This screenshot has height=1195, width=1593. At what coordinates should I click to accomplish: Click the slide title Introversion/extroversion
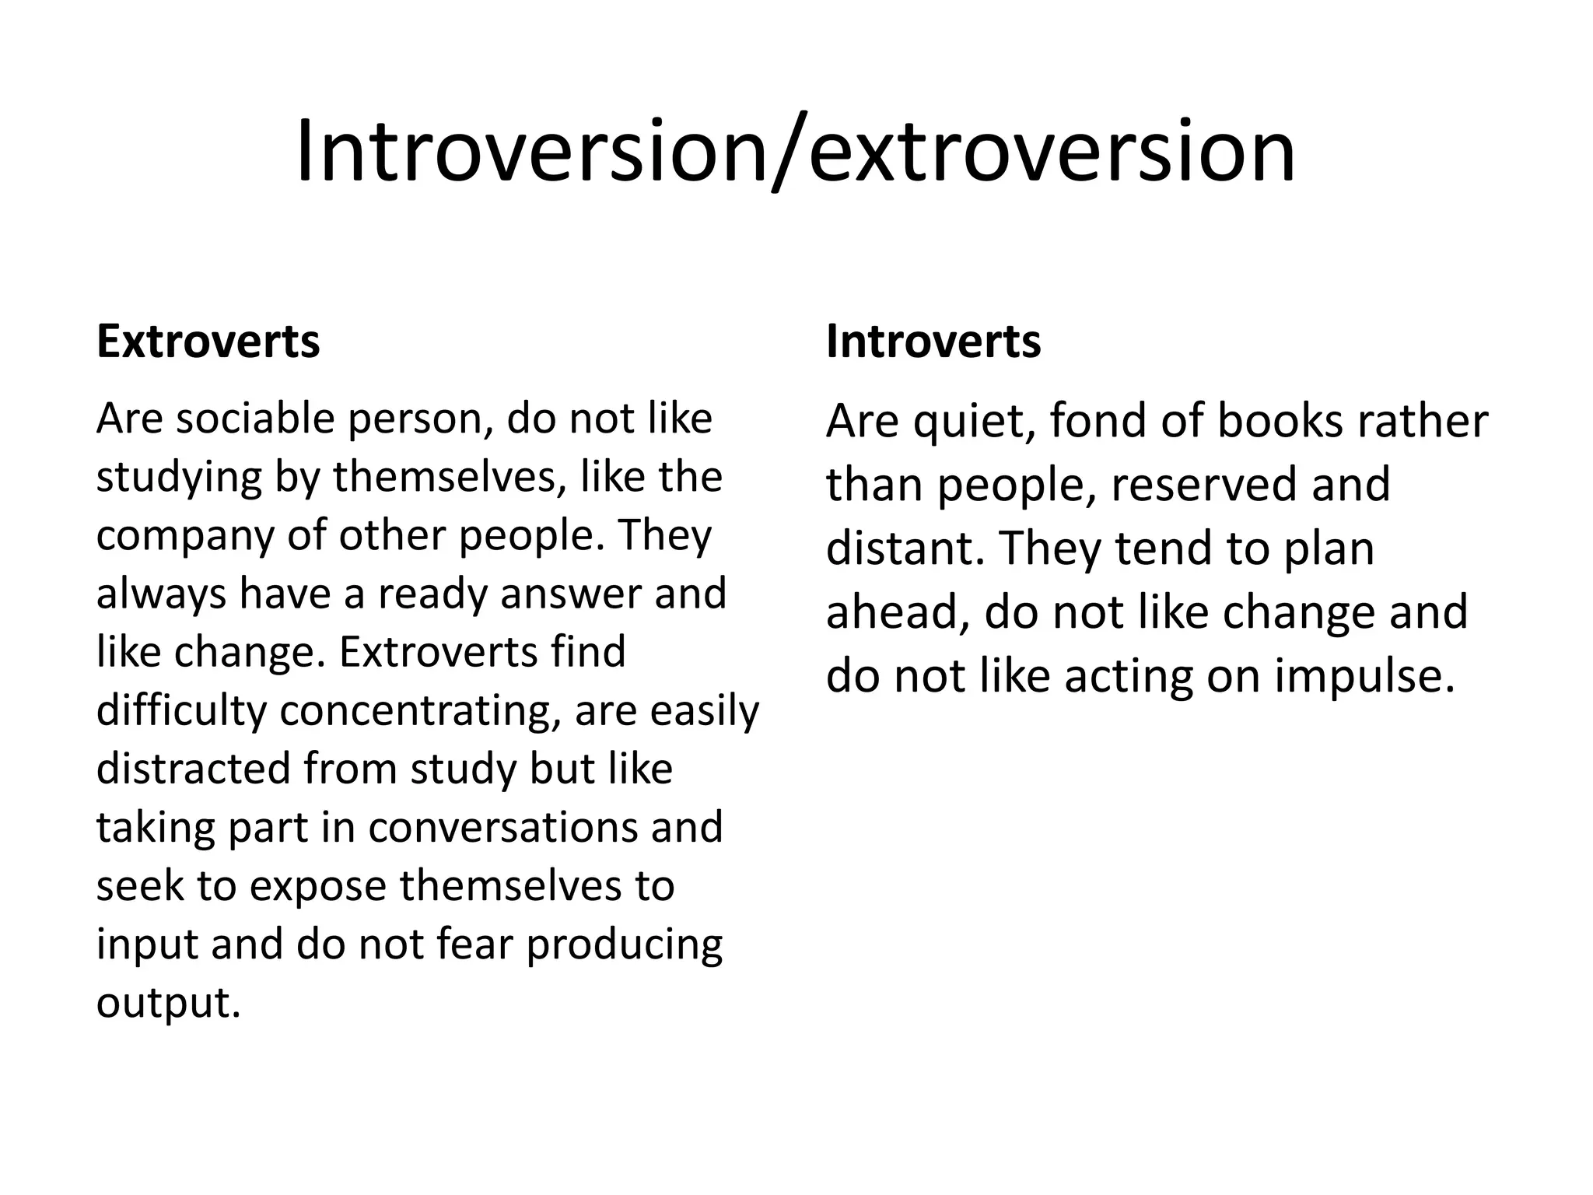click(795, 151)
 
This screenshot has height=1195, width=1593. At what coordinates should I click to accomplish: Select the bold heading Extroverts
click(208, 342)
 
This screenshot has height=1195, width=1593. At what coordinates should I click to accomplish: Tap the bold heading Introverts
click(933, 342)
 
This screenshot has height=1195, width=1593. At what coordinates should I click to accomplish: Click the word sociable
click(257, 419)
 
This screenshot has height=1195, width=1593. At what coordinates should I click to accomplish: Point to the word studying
click(179, 478)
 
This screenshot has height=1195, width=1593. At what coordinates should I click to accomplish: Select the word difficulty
click(180, 711)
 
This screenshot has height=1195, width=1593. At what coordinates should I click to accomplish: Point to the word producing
click(624, 945)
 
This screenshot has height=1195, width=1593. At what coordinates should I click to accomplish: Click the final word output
click(168, 1003)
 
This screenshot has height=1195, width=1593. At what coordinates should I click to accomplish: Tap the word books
click(1280, 421)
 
